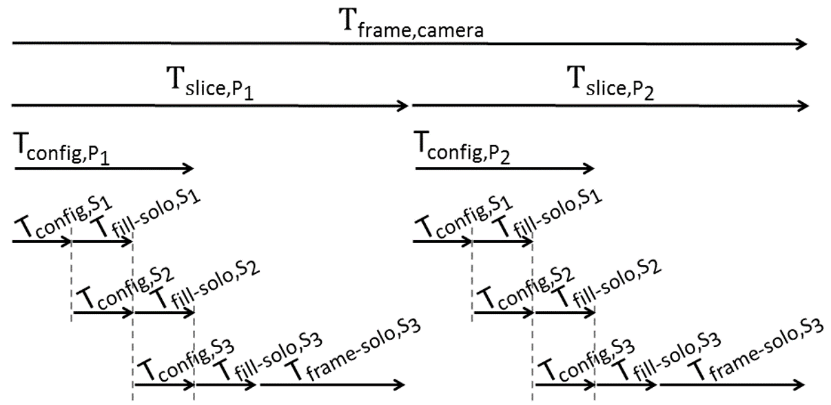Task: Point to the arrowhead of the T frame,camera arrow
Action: coord(801,44)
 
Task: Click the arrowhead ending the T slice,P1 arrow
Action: coord(404,106)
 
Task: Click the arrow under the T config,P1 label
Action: coord(103,168)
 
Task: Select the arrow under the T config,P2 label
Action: coord(504,168)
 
